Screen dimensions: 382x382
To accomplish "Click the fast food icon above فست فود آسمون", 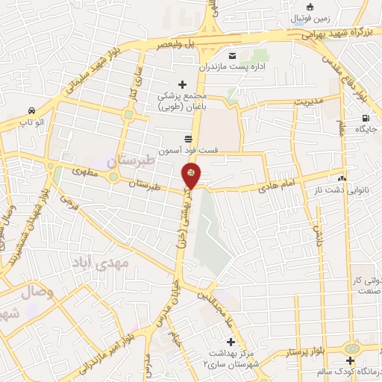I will coord(188,138).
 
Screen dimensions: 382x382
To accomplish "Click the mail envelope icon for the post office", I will coord(232,56).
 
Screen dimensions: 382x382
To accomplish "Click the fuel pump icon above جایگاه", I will coord(365,118).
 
